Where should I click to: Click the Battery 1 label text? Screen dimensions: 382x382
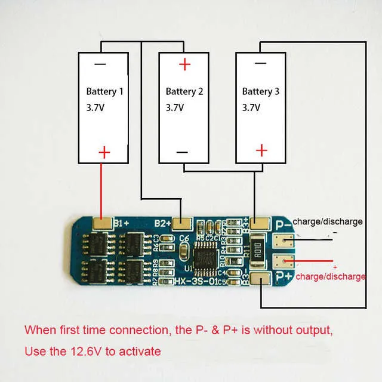click(104, 92)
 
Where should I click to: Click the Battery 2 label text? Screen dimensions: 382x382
click(184, 92)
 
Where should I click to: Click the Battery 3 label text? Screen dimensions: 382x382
click(260, 92)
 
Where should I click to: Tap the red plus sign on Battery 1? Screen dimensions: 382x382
click(104, 152)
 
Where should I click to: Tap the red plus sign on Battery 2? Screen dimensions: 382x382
click(185, 64)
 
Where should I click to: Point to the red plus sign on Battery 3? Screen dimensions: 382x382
click(261, 150)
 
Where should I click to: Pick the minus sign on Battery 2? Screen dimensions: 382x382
click(182, 152)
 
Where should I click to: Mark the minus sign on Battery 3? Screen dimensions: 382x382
click(260, 64)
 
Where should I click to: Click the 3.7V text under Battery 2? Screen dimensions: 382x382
click(175, 108)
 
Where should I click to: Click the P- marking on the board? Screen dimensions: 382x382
click(282, 224)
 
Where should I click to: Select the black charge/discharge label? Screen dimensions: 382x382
click(327, 221)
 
